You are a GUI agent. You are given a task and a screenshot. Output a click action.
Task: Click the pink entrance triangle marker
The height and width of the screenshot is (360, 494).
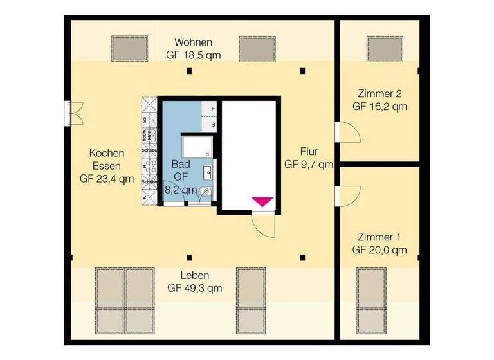tap(262, 201)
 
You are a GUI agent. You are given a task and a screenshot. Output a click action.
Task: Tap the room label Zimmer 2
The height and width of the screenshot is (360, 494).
tap(380, 93)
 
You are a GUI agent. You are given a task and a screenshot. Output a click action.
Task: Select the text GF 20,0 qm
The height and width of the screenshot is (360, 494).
tap(380, 249)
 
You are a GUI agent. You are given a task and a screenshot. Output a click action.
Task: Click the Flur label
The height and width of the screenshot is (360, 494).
tap(309, 152)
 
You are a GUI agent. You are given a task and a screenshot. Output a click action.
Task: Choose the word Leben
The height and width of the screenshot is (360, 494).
tap(195, 275)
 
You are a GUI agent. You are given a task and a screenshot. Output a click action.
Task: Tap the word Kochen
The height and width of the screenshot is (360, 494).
tap(107, 153)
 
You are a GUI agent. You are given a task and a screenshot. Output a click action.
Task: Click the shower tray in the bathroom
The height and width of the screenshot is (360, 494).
tap(195, 147)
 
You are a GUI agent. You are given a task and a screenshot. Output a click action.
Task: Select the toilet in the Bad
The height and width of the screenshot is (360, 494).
tap(203, 191)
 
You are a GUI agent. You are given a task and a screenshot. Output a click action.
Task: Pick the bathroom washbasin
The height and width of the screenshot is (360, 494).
tap(208, 172)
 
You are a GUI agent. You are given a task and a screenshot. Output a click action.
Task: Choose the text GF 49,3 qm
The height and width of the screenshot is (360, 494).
tap(195, 288)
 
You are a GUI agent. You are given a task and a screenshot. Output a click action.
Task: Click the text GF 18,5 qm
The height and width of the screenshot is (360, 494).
tap(194, 55)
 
